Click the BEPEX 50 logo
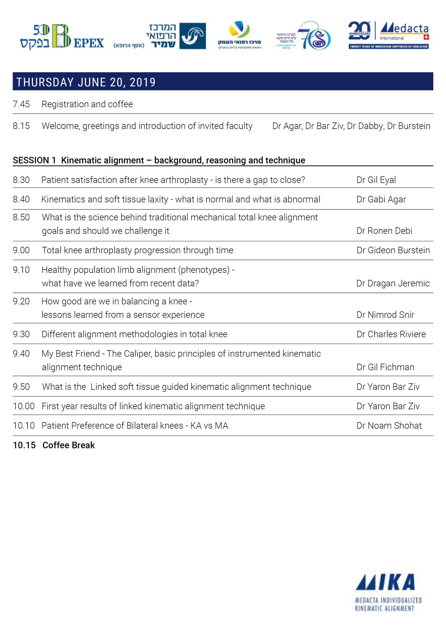point(62,37)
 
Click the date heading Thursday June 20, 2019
point(86,82)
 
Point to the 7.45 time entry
point(21,104)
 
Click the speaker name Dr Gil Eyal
point(376,180)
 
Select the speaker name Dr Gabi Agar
point(381,199)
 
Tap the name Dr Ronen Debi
point(384,231)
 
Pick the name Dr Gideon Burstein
point(393,250)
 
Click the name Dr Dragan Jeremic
point(393,283)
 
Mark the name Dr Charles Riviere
point(391,334)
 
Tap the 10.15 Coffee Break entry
point(54,445)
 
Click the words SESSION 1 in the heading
point(34,160)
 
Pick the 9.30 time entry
point(21,334)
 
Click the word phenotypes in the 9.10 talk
point(204,270)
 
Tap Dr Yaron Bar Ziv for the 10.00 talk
point(388,406)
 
